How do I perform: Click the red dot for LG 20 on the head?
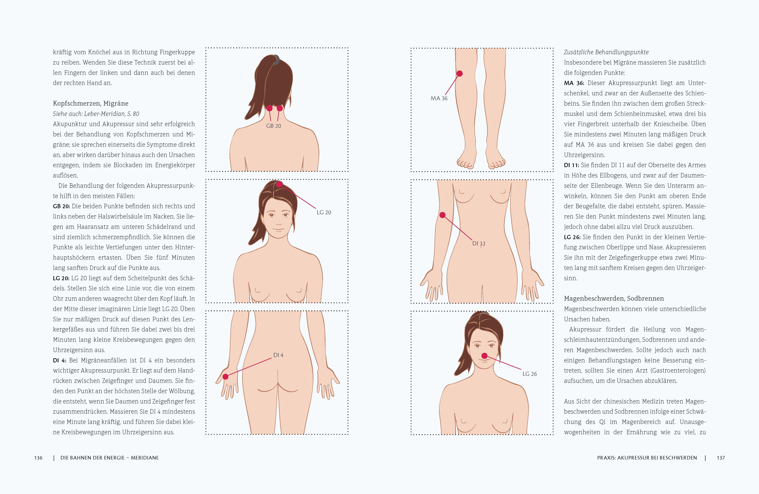click(279, 184)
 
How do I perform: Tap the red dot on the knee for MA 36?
click(460, 74)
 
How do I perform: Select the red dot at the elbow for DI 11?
click(442, 215)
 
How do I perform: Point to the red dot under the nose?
click(484, 356)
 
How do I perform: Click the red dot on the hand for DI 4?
click(226, 377)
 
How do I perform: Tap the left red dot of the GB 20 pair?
click(269, 108)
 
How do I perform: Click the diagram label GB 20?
click(274, 126)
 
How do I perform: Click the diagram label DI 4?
click(278, 355)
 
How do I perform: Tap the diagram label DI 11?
click(479, 243)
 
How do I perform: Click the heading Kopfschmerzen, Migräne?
click(91, 103)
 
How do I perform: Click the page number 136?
click(38, 458)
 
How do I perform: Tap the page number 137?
click(721, 458)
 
